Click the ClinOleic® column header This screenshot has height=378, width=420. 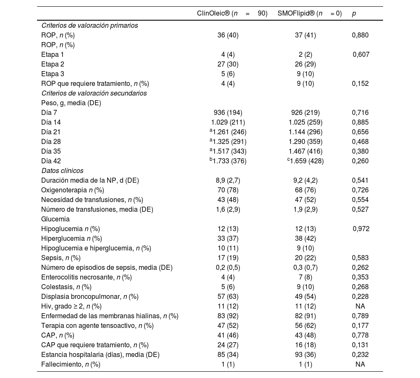click(232, 13)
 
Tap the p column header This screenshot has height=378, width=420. click(354, 13)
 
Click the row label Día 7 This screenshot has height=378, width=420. click(49, 112)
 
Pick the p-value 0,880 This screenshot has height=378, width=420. click(360, 35)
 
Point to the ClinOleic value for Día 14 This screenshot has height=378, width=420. click(228, 122)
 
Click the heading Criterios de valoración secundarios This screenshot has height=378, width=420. click(94, 93)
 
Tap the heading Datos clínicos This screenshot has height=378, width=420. click(62, 170)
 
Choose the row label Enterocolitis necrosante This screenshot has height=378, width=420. click(87, 277)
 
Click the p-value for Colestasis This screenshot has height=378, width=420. click(360, 287)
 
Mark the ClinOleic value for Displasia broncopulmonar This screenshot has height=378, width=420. click(228, 296)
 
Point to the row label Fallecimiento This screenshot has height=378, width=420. click(71, 364)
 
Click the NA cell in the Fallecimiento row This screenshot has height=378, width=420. click(360, 364)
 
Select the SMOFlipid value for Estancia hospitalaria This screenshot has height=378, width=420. click(305, 354)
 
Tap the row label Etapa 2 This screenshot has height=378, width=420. click(52, 64)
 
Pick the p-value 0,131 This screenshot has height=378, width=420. click(360, 345)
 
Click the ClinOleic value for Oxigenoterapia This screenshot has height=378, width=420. click(228, 190)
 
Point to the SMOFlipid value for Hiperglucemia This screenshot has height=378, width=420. click(305, 238)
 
